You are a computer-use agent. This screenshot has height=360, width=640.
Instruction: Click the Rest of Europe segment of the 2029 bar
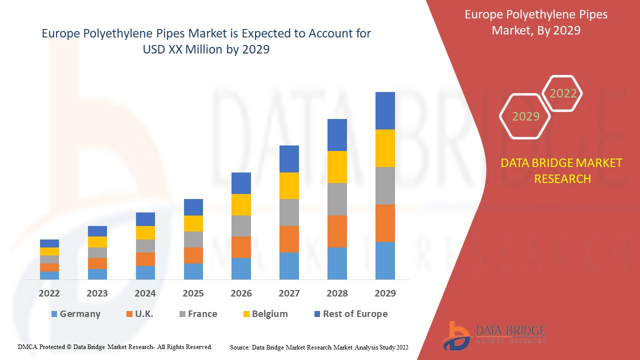tap(385, 110)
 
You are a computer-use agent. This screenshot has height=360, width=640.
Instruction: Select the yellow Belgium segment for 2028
tap(337, 166)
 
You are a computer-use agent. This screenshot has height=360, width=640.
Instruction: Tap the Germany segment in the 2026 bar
tap(241, 268)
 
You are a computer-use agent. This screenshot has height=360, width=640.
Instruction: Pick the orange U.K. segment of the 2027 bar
tap(289, 239)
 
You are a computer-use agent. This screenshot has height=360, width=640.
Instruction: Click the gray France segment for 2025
tap(193, 239)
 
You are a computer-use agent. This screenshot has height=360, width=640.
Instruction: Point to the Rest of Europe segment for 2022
tap(49, 243)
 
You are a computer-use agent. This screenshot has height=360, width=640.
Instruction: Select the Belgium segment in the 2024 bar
tap(145, 232)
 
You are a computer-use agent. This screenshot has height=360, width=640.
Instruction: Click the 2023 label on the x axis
tap(97, 293)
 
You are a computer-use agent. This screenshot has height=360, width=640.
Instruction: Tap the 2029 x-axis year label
tap(385, 293)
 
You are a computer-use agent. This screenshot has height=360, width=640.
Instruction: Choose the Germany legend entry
tap(75, 314)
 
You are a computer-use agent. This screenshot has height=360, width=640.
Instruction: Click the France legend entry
tap(198, 314)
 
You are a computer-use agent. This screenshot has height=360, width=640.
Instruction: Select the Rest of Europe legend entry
tap(350, 314)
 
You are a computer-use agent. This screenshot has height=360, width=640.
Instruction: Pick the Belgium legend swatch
tap(246, 314)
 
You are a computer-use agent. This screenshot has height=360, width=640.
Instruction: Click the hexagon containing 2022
tap(563, 93)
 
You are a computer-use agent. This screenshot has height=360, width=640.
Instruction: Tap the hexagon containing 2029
tap(525, 116)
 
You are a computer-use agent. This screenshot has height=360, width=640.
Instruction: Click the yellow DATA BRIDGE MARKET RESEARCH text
tap(562, 170)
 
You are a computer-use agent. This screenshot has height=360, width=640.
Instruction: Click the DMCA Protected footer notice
tap(115, 346)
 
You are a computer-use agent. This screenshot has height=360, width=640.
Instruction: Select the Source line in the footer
tap(319, 347)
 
